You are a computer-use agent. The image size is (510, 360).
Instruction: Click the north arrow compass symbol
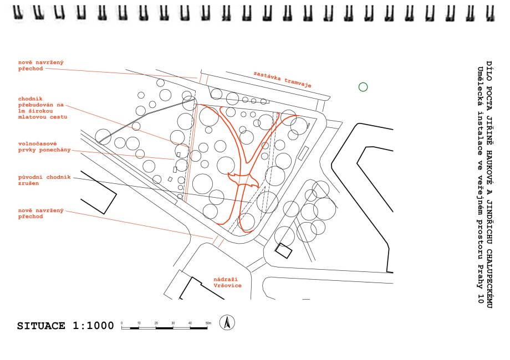point(227,322)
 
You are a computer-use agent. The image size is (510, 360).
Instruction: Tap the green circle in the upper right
point(363,87)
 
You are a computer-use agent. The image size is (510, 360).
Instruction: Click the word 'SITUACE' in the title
point(42,326)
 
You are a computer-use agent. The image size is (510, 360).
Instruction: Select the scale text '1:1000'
point(93,326)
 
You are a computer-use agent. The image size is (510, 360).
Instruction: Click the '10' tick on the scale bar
point(139,322)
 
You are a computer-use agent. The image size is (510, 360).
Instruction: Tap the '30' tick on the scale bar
point(174,322)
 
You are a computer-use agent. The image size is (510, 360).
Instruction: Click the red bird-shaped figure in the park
point(244,180)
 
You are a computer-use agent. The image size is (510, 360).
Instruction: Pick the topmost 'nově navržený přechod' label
point(40,66)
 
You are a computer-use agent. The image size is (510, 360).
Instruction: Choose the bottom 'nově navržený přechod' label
point(40,213)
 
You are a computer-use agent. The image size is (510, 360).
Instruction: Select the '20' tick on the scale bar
point(156,322)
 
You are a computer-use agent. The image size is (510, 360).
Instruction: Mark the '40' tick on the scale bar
point(190,322)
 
